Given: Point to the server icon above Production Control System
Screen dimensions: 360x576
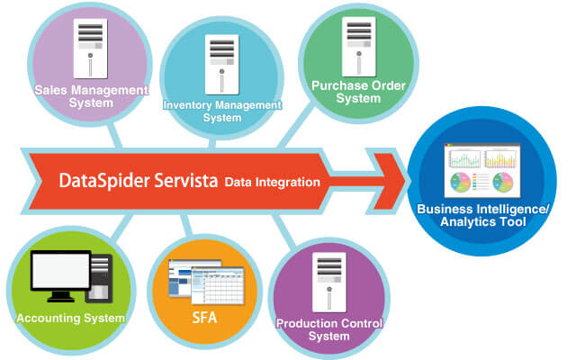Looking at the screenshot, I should point(329,281).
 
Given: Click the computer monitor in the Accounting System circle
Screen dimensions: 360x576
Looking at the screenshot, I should point(59,275).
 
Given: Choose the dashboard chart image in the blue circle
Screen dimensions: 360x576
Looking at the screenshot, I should point(485,170).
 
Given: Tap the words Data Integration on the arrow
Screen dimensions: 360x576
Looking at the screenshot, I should point(273,182).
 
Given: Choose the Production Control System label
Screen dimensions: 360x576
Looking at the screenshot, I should point(329,329).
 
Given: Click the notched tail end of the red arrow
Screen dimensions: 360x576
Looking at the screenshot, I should point(36,180).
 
